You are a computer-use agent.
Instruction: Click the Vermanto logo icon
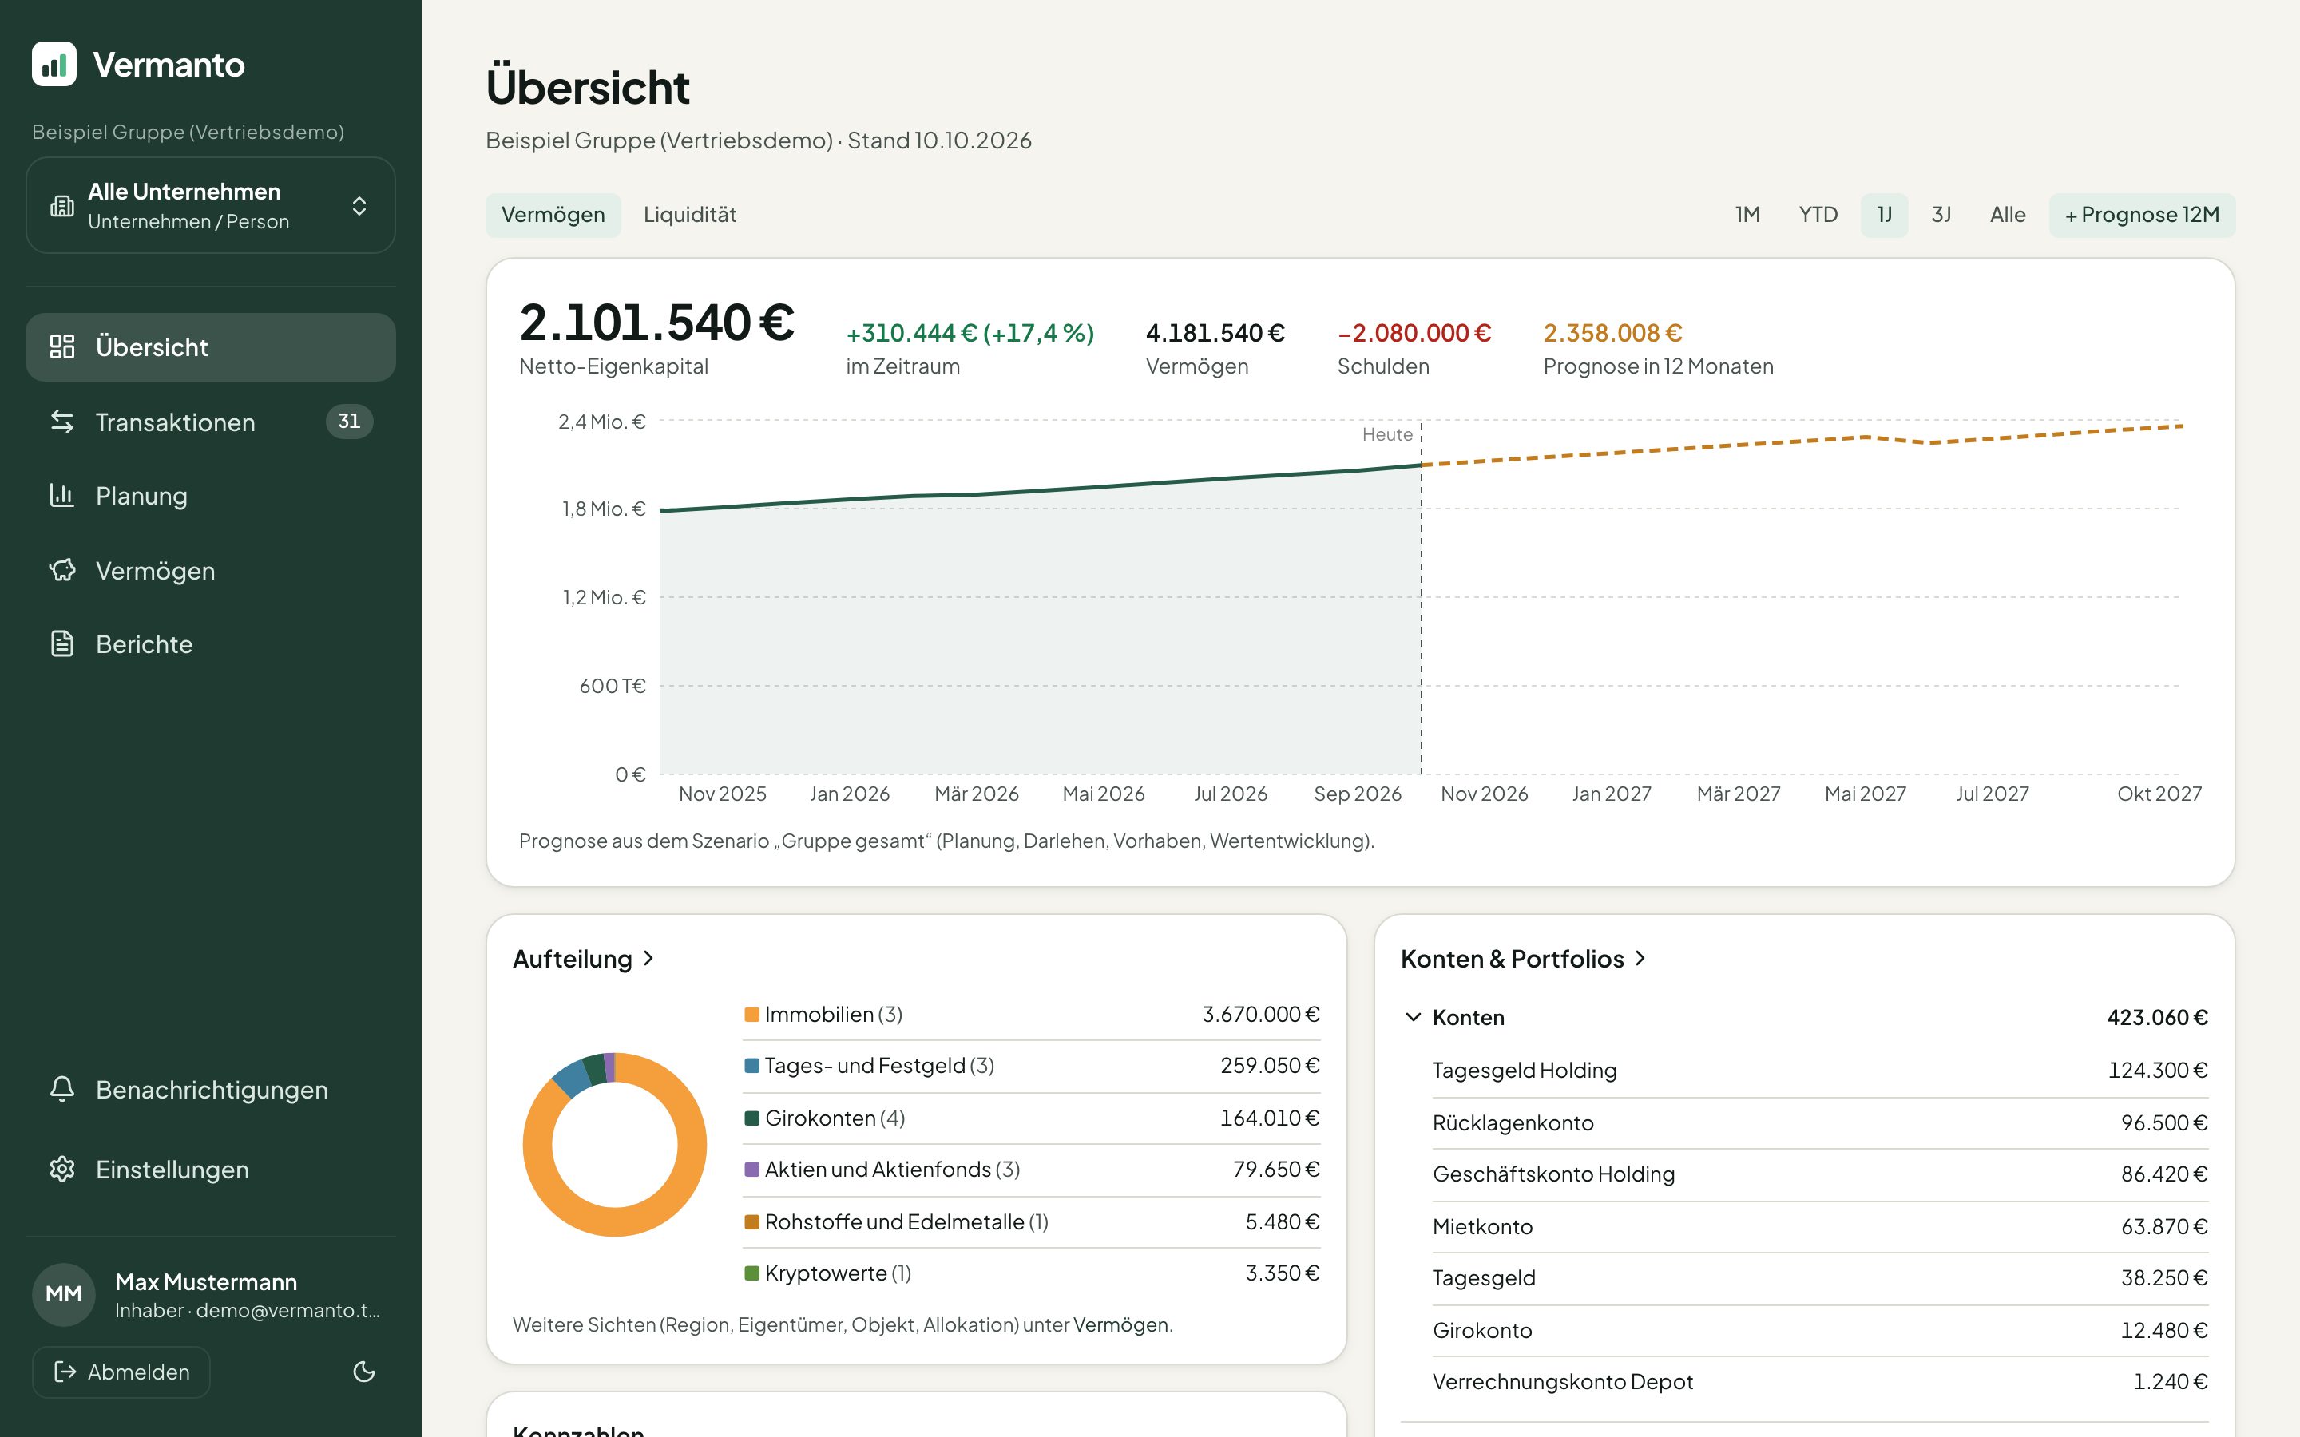click(54, 64)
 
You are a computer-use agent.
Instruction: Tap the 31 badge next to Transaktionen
click(349, 421)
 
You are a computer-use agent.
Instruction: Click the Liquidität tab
click(690, 215)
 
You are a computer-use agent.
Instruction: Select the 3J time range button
click(1941, 215)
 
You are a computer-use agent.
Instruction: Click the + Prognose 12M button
click(2141, 215)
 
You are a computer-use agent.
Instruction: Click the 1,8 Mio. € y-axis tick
click(604, 509)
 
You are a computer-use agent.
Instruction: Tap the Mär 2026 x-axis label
click(976, 794)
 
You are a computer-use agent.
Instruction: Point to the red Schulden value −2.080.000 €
click(1414, 333)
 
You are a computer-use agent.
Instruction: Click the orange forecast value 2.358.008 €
click(1613, 333)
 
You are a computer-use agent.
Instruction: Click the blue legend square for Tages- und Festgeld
click(751, 1067)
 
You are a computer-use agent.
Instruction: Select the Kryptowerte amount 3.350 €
click(1282, 1273)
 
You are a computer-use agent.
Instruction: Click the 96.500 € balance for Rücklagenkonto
click(2163, 1122)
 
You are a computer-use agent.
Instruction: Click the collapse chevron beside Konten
click(1414, 1017)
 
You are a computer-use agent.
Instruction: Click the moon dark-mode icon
click(364, 1372)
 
